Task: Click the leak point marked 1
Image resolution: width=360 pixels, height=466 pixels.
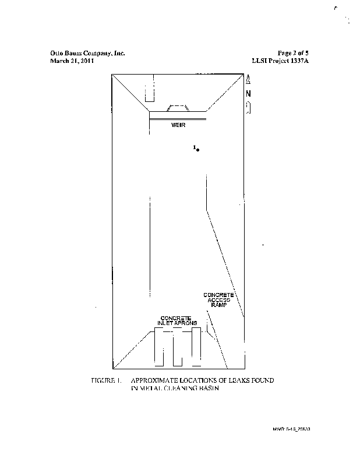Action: click(199, 150)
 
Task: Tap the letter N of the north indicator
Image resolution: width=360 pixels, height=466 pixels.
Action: click(248, 94)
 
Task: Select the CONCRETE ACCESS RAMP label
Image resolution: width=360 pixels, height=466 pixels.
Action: click(218, 301)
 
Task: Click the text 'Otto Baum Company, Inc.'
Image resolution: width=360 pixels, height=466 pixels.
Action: click(88, 53)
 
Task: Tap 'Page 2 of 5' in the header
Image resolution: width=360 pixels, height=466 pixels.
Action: click(292, 53)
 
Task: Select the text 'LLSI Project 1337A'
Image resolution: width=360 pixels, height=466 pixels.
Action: click(280, 61)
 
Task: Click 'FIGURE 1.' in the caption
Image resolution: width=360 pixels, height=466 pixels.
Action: click(105, 380)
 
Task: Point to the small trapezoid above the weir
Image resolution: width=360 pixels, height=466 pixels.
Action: click(178, 108)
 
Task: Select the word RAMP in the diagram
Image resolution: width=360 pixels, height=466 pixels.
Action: click(218, 305)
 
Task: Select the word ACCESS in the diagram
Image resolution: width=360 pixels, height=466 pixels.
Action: click(219, 301)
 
